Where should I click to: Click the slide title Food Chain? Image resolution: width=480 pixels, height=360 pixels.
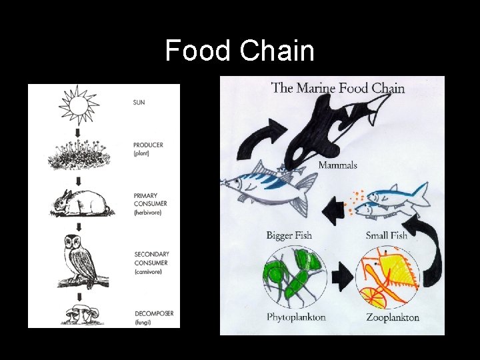[x=239, y=51]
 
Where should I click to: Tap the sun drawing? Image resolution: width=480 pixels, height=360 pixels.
[x=79, y=105]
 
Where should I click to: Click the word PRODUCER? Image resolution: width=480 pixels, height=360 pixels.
[x=148, y=145]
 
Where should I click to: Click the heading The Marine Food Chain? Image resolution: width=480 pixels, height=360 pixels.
[x=338, y=87]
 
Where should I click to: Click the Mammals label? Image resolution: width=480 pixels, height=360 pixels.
[x=337, y=165]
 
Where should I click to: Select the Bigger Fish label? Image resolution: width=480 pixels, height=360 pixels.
[x=289, y=235]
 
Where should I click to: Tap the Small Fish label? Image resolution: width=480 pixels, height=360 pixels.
[x=387, y=235]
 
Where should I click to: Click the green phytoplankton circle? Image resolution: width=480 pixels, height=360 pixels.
[x=295, y=275]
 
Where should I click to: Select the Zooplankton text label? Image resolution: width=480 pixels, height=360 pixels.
[x=393, y=317]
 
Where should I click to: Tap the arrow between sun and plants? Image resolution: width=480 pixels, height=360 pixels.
[x=79, y=133]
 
